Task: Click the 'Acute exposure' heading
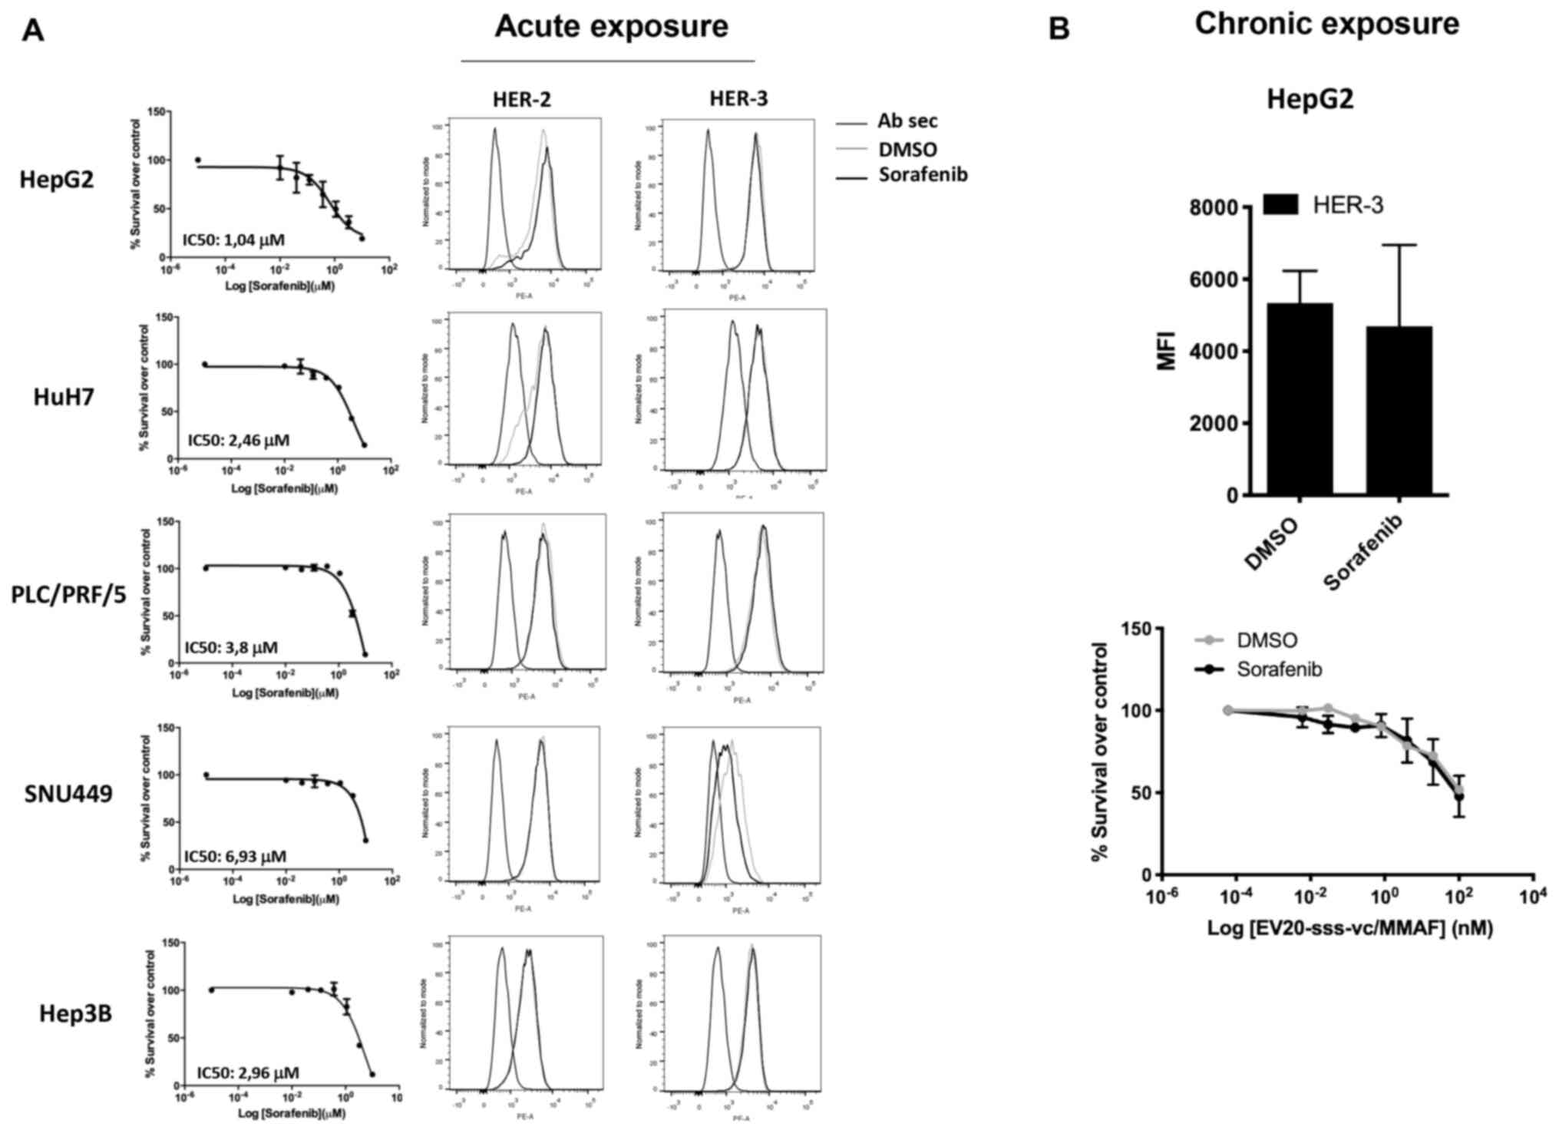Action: click(611, 27)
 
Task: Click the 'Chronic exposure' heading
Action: click(1326, 25)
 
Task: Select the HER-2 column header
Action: click(522, 99)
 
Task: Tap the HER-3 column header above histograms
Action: click(738, 99)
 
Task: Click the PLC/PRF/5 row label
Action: click(69, 595)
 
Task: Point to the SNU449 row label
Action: click(69, 794)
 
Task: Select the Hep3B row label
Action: click(76, 1014)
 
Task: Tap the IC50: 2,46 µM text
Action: click(239, 441)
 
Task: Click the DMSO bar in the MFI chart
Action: click(1300, 399)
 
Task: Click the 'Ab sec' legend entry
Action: click(908, 121)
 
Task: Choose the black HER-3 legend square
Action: click(1280, 204)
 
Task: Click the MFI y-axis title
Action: click(1167, 352)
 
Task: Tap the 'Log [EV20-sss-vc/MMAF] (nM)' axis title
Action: click(1350, 928)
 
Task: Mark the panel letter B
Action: click(1059, 29)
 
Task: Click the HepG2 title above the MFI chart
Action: click(1310, 100)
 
